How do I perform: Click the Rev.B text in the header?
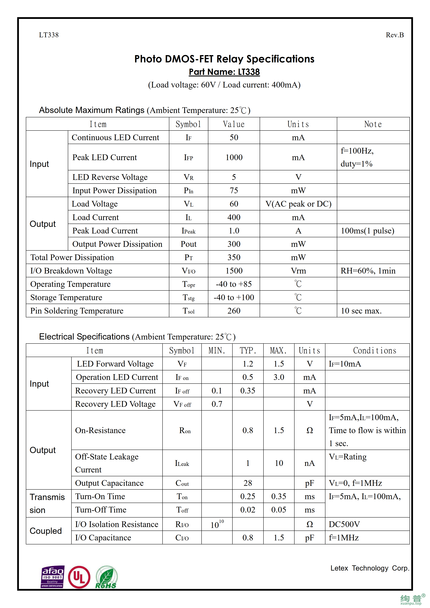click(394, 35)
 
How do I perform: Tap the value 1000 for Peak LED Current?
click(234, 157)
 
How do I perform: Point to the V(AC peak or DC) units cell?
click(298, 204)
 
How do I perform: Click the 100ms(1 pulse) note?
click(367, 231)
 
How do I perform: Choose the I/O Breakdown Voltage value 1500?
click(234, 271)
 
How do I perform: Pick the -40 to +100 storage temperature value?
click(234, 297)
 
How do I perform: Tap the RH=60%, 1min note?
click(368, 271)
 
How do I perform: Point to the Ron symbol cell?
click(185, 430)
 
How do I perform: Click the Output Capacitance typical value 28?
click(248, 483)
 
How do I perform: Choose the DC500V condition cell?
click(344, 524)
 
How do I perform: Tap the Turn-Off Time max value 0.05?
click(279, 510)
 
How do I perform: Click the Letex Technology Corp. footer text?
click(370, 568)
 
